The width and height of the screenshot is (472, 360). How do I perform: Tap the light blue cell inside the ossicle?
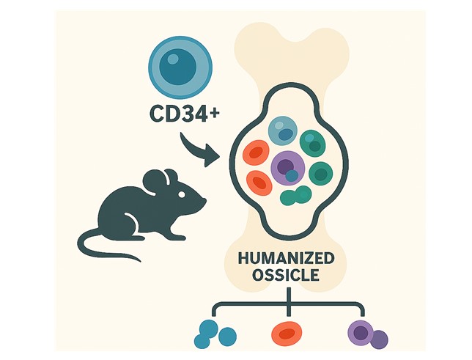281,131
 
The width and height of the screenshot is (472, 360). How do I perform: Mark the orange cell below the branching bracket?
286,334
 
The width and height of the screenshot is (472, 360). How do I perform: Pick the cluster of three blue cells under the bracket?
214,333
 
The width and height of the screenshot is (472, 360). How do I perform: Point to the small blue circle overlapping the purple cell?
292,176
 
